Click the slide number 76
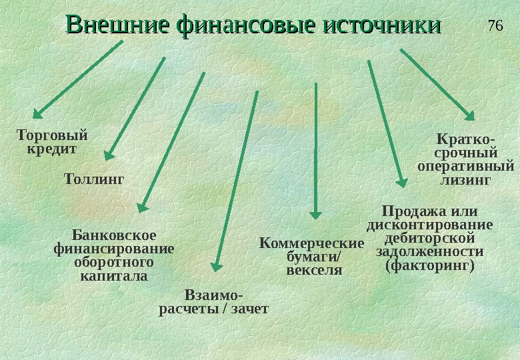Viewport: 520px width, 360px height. click(x=494, y=26)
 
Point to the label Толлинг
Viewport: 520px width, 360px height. click(x=94, y=179)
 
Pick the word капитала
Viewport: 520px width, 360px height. click(x=113, y=275)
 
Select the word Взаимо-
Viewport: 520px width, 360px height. click(x=213, y=295)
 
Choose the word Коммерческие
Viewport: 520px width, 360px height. click(x=311, y=243)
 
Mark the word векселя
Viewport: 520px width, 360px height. click(x=313, y=271)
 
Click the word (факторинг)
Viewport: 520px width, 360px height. click(x=430, y=265)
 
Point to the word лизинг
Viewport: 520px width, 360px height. click(x=466, y=180)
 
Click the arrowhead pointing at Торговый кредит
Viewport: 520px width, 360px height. click(x=39, y=113)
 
